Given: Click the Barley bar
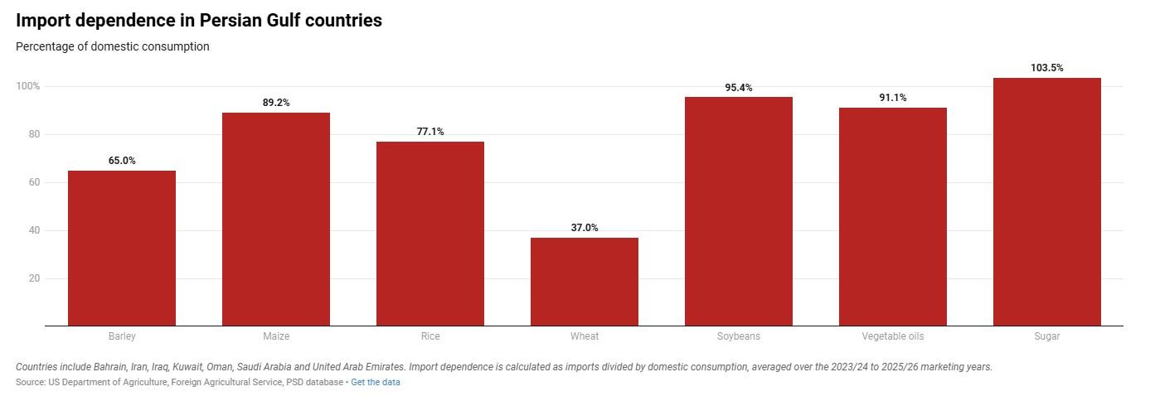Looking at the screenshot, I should [122, 248].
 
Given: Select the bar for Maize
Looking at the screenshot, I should [276, 219].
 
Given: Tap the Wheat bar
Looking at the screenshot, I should [585, 282].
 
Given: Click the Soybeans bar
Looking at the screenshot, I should [739, 211].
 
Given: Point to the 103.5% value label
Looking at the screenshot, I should [1047, 68].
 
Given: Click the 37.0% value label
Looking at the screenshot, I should [585, 228].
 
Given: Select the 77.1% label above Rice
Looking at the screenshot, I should [430, 132].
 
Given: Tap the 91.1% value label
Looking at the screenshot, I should [893, 98].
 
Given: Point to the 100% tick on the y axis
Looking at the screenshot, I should [27, 86].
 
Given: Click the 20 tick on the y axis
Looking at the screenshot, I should [34, 278].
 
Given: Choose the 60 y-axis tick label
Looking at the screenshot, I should [34, 182].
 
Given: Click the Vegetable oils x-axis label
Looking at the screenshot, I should [893, 336].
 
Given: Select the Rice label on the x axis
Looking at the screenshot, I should [430, 336].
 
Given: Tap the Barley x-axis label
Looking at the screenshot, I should [122, 336].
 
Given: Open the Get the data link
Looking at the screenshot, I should [376, 383].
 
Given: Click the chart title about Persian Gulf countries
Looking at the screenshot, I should [199, 21].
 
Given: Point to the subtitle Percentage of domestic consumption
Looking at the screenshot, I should [113, 46].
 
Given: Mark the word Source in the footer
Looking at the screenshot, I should [30, 383].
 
